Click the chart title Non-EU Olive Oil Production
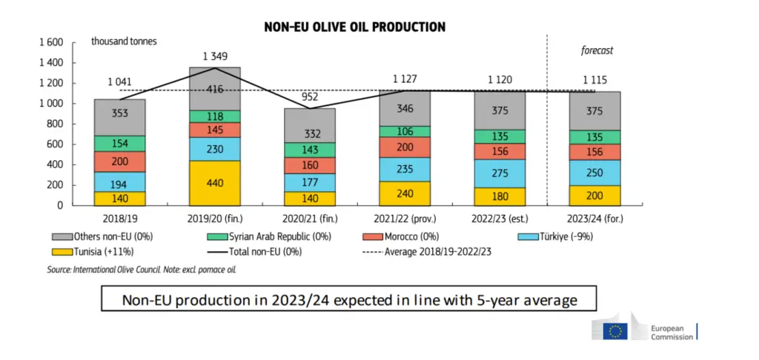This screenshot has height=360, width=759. click(355, 27)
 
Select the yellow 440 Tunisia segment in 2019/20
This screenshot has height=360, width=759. click(214, 184)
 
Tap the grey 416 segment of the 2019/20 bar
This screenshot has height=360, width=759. click(214, 89)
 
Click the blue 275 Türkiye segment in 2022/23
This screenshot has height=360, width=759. click(500, 174)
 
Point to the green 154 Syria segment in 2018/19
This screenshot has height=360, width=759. click(119, 144)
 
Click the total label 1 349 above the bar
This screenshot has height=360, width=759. click(215, 56)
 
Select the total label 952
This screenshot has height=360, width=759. click(310, 98)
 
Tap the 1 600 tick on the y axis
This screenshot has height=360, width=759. click(51, 42)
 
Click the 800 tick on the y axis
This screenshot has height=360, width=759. click(56, 124)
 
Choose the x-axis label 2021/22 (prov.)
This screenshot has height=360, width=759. click(405, 219)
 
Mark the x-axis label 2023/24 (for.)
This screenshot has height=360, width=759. click(595, 219)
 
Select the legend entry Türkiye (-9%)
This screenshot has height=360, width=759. click(555, 237)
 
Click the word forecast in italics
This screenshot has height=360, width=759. click(597, 50)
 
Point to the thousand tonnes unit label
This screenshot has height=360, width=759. click(124, 41)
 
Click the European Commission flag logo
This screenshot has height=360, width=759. click(615, 331)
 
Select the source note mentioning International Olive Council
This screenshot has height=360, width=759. click(142, 269)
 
